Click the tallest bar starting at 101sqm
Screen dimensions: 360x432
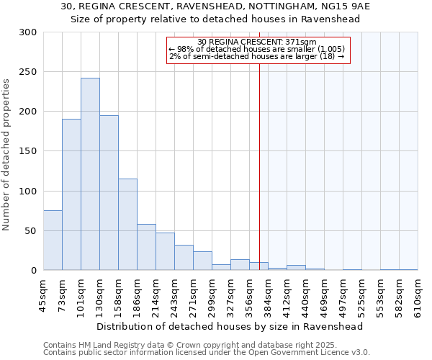pos(90,174)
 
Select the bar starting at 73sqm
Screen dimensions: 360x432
pos(71,194)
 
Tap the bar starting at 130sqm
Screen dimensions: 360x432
pos(109,193)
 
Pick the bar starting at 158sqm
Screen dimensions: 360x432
pos(127,225)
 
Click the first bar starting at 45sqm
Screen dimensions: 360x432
pos(53,240)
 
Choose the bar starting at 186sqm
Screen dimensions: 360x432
pos(146,247)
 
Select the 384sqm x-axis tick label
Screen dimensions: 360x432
pos(269,295)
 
